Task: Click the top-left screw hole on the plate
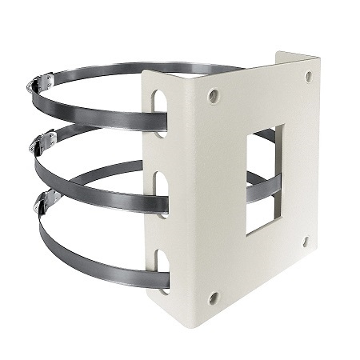click(213, 96)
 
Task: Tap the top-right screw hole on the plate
click(309, 77)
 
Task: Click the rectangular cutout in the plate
click(263, 180)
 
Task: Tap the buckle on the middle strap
click(42, 142)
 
